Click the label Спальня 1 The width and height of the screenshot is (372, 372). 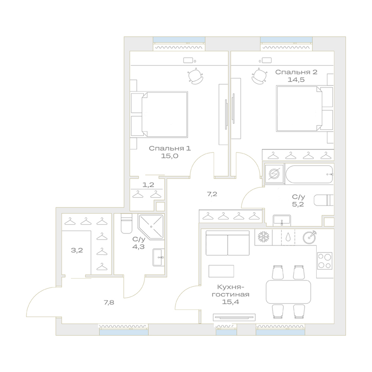tap(170, 148)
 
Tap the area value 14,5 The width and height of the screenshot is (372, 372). tap(296, 80)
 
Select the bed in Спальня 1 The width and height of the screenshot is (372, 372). tap(159, 114)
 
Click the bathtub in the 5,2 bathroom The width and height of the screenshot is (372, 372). tap(309, 174)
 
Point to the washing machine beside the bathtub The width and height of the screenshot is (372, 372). tap(274, 174)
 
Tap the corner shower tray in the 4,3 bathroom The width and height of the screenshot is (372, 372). tap(151, 227)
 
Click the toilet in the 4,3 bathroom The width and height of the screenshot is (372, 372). tap(126, 224)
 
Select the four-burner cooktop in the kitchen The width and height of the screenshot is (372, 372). tap(325, 261)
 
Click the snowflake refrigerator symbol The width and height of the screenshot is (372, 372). tap(263, 237)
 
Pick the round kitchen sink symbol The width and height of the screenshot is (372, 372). tap(309, 237)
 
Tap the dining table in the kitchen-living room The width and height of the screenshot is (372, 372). tap(288, 292)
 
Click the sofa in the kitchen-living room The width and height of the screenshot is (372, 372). tap(227, 243)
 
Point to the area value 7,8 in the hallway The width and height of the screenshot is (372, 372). tap(109, 302)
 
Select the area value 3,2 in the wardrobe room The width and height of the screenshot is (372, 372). tap(77, 250)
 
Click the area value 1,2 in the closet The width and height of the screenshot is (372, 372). tap(148, 185)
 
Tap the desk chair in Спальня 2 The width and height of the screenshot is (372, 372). tap(259, 76)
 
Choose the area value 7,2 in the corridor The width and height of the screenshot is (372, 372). tap(212, 194)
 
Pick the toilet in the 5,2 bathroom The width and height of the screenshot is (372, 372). tap(324, 200)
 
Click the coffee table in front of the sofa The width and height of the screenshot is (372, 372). tap(221, 271)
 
